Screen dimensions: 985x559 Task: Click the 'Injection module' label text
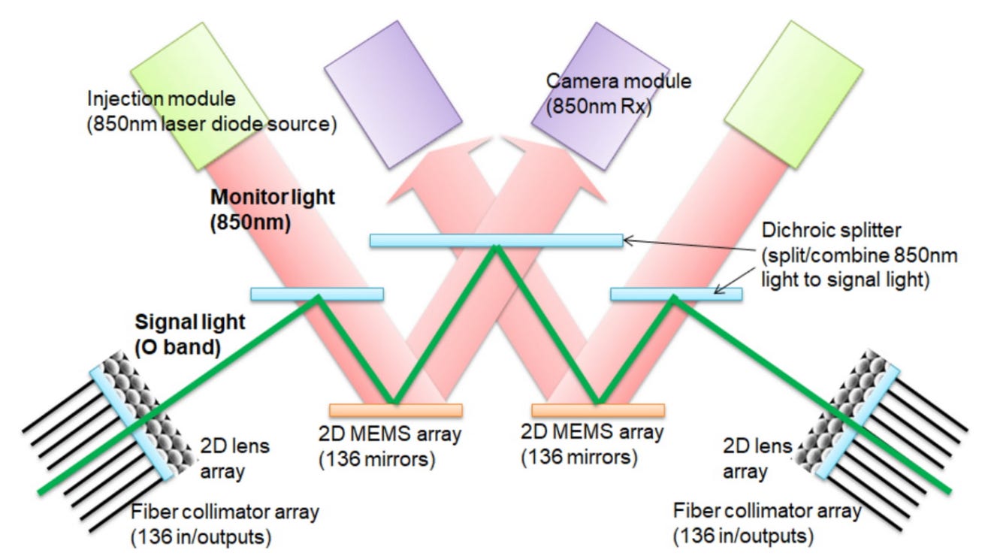[162, 99]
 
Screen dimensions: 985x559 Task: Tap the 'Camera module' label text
[618, 81]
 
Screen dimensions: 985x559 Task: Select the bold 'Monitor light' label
[273, 197]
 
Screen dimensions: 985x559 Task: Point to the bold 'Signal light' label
[189, 322]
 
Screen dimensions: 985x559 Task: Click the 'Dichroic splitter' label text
[831, 231]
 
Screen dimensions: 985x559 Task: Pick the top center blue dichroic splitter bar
[497, 240]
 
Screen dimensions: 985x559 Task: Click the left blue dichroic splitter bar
[317, 294]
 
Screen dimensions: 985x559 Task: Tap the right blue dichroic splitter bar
[676, 294]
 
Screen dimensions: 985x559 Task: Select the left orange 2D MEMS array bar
[396, 410]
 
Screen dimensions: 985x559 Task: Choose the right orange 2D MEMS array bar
[598, 410]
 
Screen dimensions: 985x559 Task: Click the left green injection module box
[194, 96]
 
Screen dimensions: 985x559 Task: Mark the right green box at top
[793, 95]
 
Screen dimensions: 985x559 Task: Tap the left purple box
[393, 95]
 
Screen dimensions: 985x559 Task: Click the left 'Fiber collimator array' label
[225, 512]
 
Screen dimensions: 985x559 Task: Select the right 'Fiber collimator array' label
[767, 511]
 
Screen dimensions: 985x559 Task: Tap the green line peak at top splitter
[496, 247]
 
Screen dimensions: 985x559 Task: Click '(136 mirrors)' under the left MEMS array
[376, 460]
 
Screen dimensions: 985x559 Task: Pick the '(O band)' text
[177, 347]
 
